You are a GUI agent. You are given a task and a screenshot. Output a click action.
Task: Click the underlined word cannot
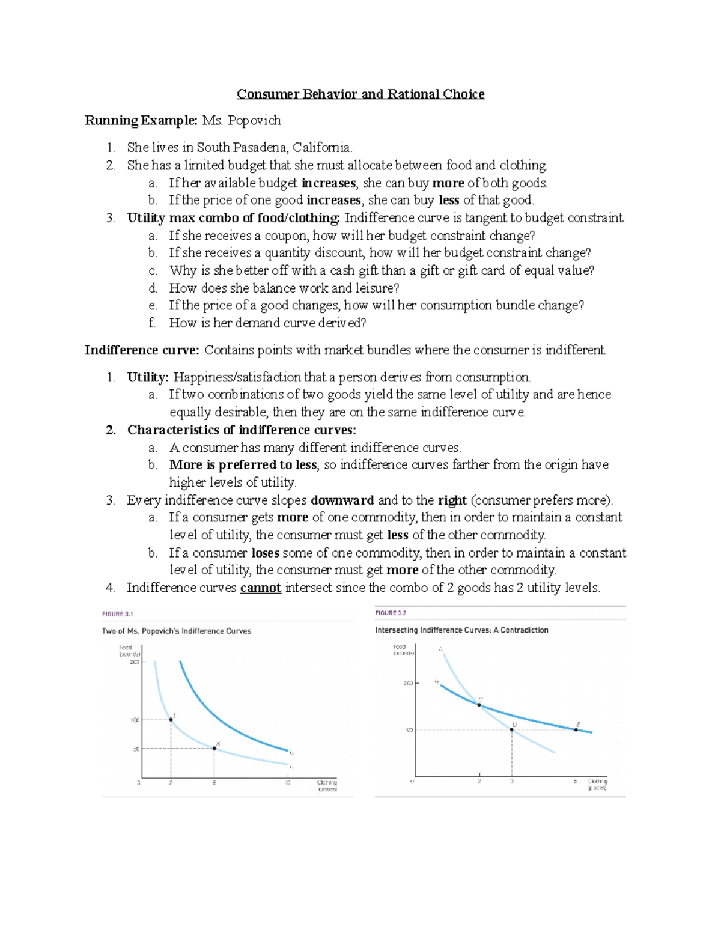coord(260,588)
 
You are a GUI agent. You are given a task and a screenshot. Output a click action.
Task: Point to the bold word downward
coord(342,500)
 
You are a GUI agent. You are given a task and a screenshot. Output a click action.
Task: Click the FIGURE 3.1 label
coord(117,614)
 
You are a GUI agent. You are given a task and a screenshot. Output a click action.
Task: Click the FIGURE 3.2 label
coord(391,613)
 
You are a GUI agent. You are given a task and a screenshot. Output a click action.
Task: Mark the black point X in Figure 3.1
coord(214,748)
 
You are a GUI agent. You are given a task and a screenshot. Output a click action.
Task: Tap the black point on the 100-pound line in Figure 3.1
coord(171,720)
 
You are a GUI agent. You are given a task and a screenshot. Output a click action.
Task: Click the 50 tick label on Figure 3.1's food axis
coord(136,749)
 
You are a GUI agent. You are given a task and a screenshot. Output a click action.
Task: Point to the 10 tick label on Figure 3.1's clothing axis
coord(288,783)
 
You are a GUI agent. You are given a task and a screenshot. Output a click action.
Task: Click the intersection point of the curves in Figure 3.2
coord(479,704)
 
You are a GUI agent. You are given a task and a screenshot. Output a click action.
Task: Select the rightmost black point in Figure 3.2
coord(576,729)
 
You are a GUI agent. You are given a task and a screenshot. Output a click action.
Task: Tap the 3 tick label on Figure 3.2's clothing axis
coord(512,782)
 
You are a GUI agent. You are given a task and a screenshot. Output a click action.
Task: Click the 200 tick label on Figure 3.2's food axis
coord(408,684)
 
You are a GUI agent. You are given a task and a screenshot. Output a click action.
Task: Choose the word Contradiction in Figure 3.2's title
coord(525,630)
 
